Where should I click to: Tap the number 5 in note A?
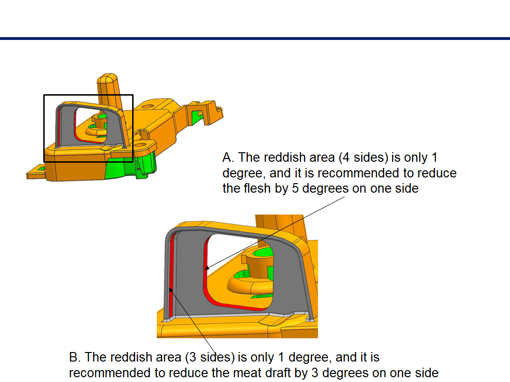295,188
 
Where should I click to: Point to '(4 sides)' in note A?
363,157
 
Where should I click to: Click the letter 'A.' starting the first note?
228,157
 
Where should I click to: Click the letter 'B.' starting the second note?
75,357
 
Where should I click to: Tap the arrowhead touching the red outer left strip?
171,290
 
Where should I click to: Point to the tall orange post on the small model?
109,89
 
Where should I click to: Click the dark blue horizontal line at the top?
255,39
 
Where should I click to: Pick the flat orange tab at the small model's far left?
35,173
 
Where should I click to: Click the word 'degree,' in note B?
309,358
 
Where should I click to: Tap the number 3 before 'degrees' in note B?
315,372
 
